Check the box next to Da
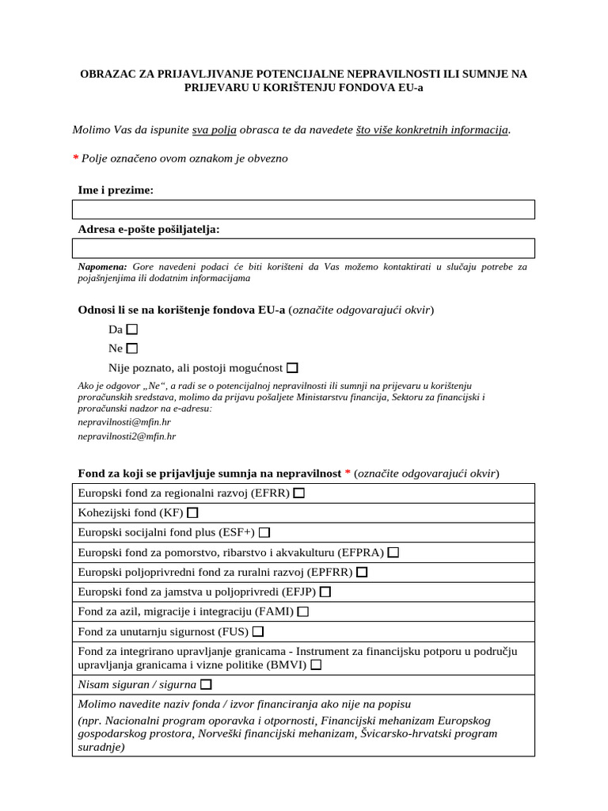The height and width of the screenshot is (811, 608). tap(132, 329)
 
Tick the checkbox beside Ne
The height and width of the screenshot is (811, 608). tap(132, 348)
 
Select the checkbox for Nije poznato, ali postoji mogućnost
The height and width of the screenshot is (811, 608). tap(293, 367)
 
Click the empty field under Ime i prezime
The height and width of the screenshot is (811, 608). tap(303, 209)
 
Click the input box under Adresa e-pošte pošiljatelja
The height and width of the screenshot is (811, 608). tap(303, 248)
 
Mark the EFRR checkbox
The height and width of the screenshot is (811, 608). tap(298, 493)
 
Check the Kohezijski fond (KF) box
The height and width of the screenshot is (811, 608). tap(192, 512)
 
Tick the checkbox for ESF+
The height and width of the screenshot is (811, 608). tap(264, 532)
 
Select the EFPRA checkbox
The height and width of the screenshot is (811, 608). tap(393, 552)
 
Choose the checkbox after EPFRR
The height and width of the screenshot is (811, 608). tap(362, 572)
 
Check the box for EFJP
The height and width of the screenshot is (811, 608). tap(325, 592)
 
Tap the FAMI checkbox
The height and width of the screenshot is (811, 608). tap(303, 611)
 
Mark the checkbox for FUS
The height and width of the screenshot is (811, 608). tap(258, 631)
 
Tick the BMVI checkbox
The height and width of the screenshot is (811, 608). tap(317, 665)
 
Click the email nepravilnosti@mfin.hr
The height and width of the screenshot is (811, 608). tap(123, 422)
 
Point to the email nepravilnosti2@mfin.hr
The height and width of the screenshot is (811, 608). tap(127, 436)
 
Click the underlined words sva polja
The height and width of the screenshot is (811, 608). tap(215, 129)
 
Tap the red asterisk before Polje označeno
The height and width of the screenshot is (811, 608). tap(75, 158)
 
